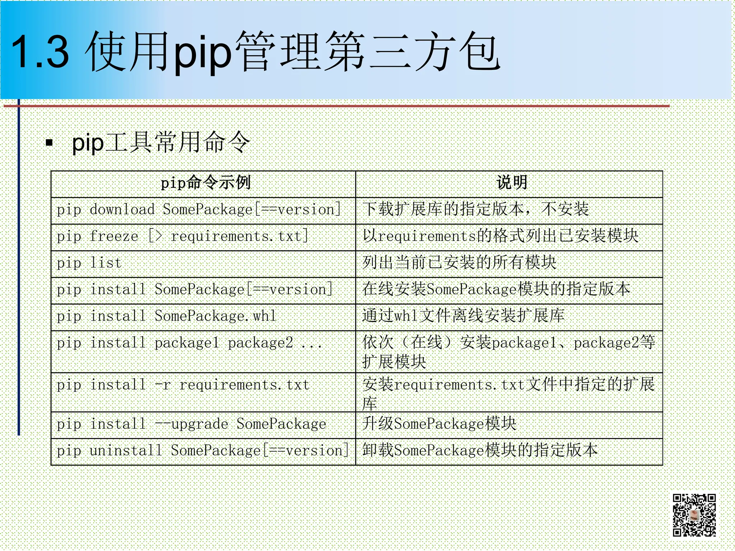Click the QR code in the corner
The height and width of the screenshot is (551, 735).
pyautogui.click(x=694, y=515)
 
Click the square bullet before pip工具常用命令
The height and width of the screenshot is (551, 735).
pyautogui.click(x=50, y=143)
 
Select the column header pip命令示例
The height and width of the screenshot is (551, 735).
pyautogui.click(x=205, y=183)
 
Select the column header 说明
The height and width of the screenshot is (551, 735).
pyautogui.click(x=512, y=183)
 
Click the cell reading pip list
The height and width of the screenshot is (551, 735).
pyautogui.click(x=89, y=263)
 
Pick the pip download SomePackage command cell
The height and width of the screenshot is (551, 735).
pyautogui.click(x=198, y=210)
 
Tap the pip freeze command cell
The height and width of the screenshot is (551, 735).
pyautogui.click(x=182, y=236)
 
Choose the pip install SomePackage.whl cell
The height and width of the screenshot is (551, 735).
pyautogui.click(x=167, y=316)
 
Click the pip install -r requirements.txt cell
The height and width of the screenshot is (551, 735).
pyautogui.click(x=183, y=385)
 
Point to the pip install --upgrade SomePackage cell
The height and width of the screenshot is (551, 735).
pyautogui.click(x=191, y=424)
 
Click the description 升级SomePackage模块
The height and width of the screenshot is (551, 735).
pyautogui.click(x=439, y=424)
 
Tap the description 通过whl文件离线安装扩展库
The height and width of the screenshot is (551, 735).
pyautogui.click(x=463, y=316)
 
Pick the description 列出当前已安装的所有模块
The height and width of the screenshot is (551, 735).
pyautogui.click(x=459, y=263)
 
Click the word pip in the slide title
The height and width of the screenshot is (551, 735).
pyautogui.click(x=202, y=52)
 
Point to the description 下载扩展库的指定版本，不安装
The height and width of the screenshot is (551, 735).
pyautogui.click(x=475, y=209)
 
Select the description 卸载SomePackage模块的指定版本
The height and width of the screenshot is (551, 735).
pyautogui.click(x=480, y=451)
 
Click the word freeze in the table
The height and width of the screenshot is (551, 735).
pyautogui.click(x=114, y=236)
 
